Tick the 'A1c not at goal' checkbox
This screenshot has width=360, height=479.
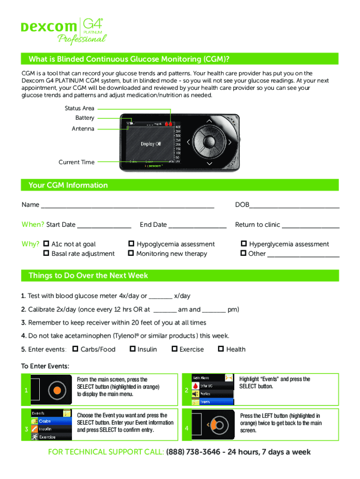click(46, 244)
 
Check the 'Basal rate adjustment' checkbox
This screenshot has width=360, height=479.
click(46, 254)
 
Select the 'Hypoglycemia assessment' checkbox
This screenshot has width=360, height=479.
click(131, 244)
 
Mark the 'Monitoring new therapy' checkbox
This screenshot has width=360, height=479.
click(131, 254)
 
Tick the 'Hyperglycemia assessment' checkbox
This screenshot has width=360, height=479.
click(244, 244)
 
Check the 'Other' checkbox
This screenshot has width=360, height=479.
click(244, 254)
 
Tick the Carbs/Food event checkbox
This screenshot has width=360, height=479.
click(75, 349)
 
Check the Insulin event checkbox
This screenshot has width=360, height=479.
click(133, 349)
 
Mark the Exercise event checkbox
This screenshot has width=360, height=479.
click(174, 349)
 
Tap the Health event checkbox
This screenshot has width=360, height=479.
click(221, 349)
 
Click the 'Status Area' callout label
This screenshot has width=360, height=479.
click(79, 109)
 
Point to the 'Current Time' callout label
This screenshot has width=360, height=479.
click(76, 162)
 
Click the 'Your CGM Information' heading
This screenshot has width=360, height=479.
click(68, 185)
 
